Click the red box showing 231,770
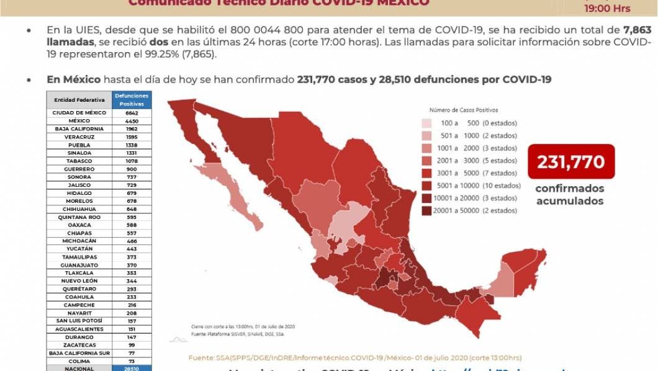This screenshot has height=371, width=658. pyautogui.click(x=571, y=161)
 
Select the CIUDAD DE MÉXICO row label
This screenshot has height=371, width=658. pyautogui.click(x=79, y=113)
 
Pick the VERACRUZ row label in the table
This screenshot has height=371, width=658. pyautogui.click(x=79, y=137)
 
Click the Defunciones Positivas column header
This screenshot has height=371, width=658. pyautogui.click(x=132, y=99)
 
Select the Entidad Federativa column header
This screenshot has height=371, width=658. pyautogui.click(x=79, y=100)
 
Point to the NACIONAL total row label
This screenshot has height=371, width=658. pyautogui.click(x=79, y=369)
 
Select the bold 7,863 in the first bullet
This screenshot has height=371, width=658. pyautogui.click(x=638, y=30)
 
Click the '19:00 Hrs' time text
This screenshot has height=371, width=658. pyautogui.click(x=607, y=9)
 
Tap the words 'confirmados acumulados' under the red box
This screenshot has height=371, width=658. pyautogui.click(x=569, y=195)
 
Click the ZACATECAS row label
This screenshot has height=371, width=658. pyautogui.click(x=79, y=344)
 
